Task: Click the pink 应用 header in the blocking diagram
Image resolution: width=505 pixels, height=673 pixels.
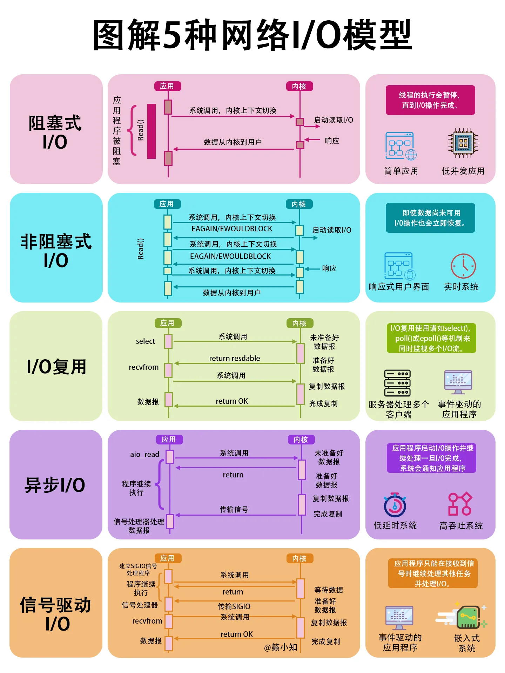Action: [167, 86]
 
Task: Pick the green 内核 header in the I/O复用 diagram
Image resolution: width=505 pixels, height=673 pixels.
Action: [299, 323]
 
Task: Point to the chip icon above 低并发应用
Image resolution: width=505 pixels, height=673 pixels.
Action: [463, 143]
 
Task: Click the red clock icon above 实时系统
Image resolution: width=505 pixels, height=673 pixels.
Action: [463, 266]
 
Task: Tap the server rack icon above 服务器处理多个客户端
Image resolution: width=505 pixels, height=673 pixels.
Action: [397, 383]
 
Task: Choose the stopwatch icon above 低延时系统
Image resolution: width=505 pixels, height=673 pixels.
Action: [395, 505]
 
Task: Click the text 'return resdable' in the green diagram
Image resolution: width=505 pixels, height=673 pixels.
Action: [234, 358]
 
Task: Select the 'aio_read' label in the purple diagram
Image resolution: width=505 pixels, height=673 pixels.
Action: [144, 455]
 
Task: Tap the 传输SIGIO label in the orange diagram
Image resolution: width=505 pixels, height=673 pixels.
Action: [234, 606]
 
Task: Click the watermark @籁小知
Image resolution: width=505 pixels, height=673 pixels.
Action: [281, 647]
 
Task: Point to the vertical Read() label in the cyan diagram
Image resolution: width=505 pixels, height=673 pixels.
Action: [141, 249]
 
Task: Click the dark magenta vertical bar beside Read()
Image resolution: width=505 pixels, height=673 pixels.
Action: [151, 131]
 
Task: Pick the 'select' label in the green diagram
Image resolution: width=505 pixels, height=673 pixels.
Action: [145, 341]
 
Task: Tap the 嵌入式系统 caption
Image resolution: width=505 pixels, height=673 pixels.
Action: [467, 643]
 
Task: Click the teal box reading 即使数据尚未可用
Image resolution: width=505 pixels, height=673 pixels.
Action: [430, 218]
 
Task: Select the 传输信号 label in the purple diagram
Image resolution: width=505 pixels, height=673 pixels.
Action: [234, 509]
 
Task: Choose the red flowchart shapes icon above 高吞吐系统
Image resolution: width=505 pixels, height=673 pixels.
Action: [460, 504]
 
